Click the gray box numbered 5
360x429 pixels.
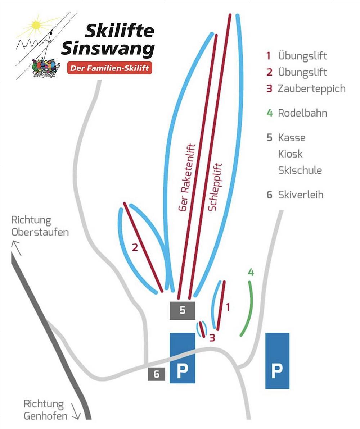tap(182, 310)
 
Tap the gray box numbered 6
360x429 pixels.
tap(156, 374)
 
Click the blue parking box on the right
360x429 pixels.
tap(277, 361)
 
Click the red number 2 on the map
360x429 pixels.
tap(135, 247)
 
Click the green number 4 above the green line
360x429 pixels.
tap(251, 273)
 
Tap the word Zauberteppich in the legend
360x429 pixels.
tap(311, 88)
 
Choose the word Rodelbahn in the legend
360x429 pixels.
tap(302, 113)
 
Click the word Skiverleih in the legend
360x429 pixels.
tap(301, 195)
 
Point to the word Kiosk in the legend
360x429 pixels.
tap(290, 154)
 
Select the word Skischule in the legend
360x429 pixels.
tap(300, 170)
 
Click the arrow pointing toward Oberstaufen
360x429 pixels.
tap(16, 247)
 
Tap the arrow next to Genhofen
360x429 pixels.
tap(76, 411)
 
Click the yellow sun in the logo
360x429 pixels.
tap(36, 25)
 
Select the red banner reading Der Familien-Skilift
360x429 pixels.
tap(109, 68)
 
